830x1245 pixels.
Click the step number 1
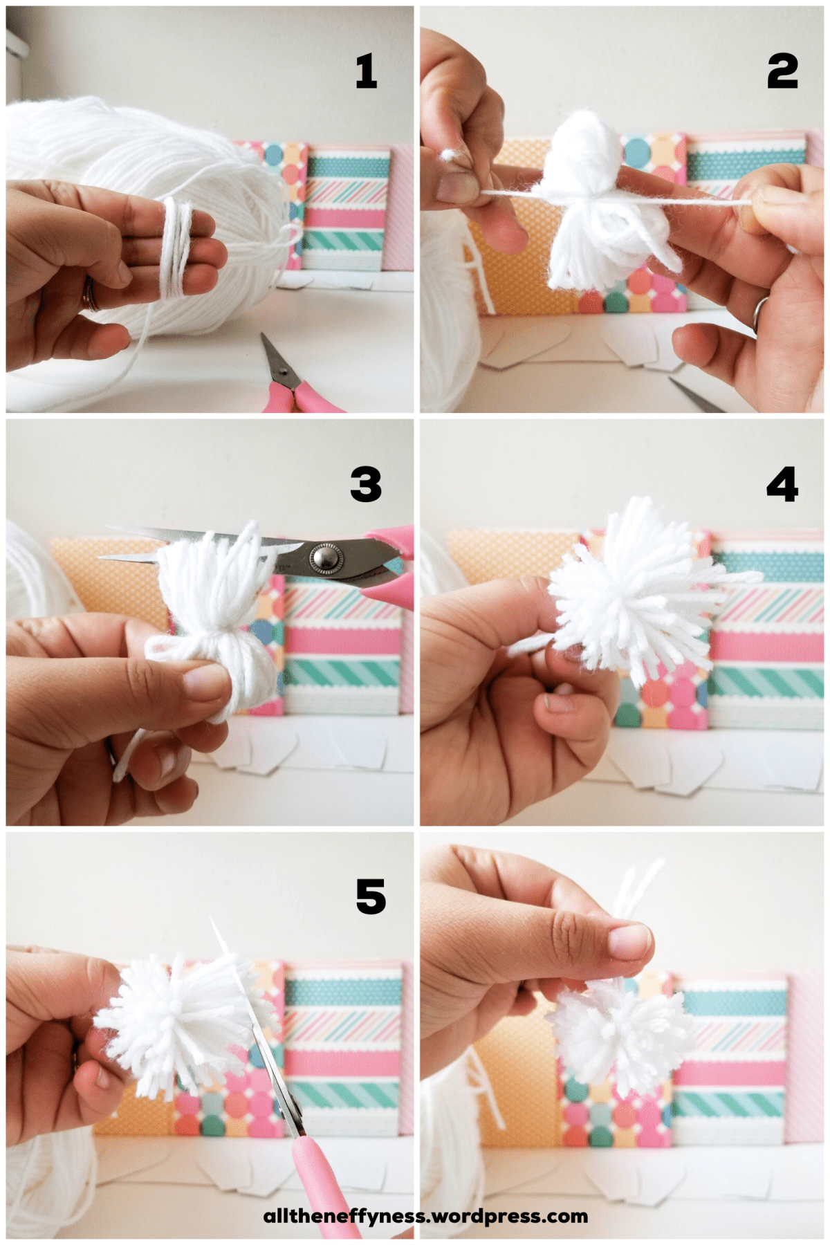(x=367, y=71)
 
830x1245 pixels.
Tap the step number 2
(x=782, y=71)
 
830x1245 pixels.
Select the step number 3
(x=366, y=484)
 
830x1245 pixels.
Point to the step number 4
(x=782, y=484)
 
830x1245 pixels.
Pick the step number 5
(x=371, y=896)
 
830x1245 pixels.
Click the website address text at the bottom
(x=425, y=1216)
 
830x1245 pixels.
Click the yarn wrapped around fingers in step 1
(x=178, y=247)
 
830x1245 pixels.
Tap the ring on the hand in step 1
(x=89, y=294)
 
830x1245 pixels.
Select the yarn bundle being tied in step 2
(x=595, y=201)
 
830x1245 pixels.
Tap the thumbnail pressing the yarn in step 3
(x=205, y=681)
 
